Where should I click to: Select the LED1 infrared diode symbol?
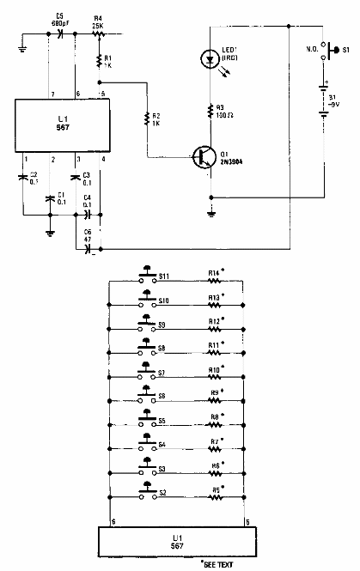208,59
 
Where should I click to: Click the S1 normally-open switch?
325,52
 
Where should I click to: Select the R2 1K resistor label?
156,118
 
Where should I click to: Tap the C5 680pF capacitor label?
60,20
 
